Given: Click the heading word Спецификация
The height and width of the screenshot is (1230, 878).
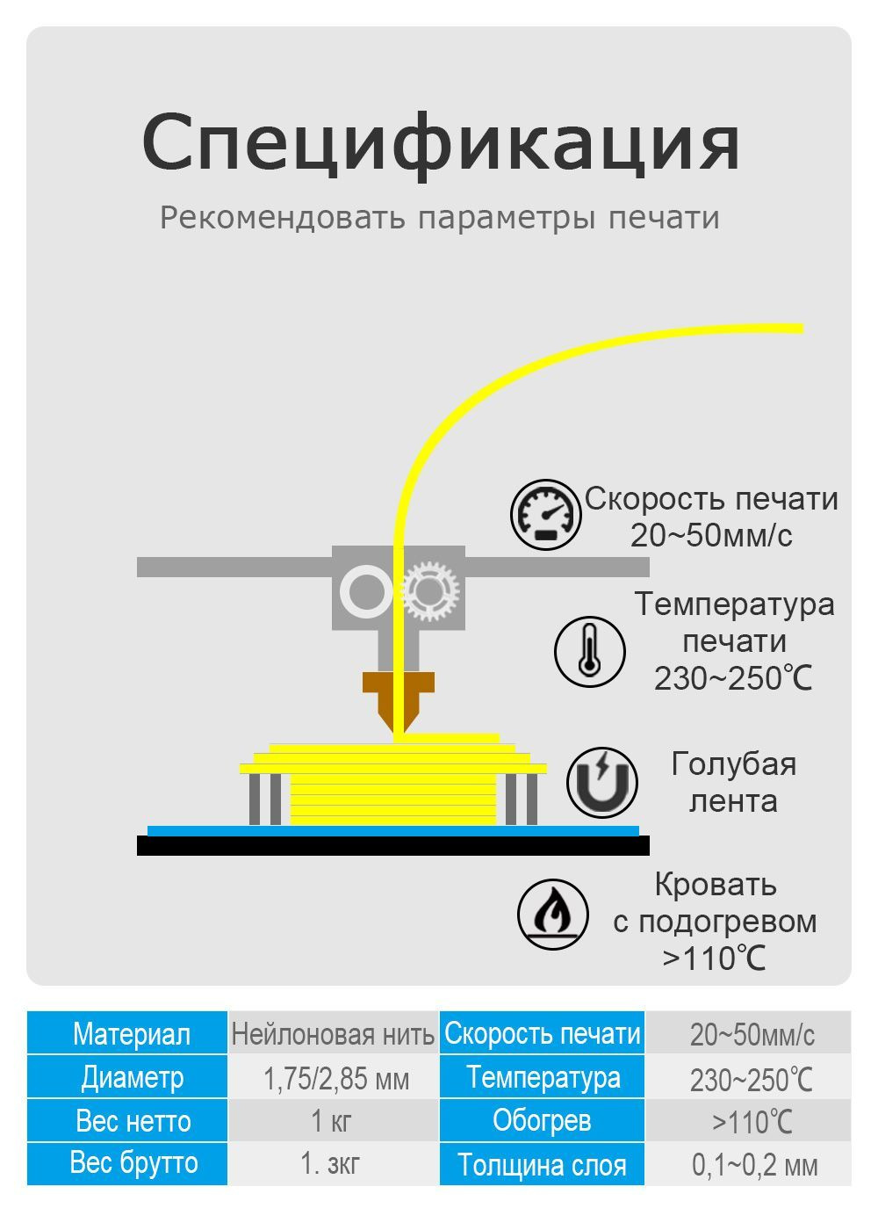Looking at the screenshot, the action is [x=440, y=144].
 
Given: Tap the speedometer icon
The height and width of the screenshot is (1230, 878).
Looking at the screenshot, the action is [x=546, y=515].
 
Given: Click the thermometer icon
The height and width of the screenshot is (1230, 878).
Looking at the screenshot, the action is [x=590, y=651].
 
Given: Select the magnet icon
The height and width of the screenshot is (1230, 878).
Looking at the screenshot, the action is [x=602, y=782].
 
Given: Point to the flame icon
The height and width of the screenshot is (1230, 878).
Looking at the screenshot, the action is [x=553, y=914].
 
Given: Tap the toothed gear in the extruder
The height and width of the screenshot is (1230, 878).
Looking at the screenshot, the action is [x=431, y=592].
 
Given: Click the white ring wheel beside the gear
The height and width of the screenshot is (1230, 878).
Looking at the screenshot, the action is [x=366, y=592].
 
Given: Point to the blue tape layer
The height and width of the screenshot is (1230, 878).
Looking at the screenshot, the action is [x=393, y=831].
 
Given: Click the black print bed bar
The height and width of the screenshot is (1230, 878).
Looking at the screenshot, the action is [x=393, y=845].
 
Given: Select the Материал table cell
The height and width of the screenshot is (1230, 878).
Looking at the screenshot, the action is [x=127, y=1035].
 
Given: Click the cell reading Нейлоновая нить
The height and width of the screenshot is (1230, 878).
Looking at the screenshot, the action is [x=333, y=1035].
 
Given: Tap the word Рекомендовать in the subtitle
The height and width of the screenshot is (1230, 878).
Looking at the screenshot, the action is [x=283, y=218].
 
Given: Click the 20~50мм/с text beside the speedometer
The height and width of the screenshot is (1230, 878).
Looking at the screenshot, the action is [x=711, y=535].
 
